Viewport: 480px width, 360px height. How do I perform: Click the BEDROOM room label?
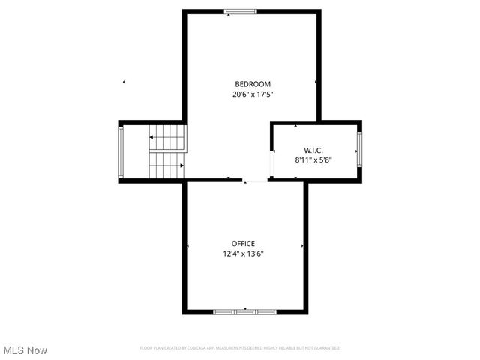[253, 84]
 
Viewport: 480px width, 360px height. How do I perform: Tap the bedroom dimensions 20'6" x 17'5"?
[253, 94]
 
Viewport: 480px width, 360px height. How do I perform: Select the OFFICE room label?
[243, 243]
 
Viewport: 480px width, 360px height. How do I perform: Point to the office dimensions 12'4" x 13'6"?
[243, 253]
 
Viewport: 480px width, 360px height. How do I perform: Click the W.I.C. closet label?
[313, 149]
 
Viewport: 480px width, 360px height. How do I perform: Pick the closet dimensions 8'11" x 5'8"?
[313, 160]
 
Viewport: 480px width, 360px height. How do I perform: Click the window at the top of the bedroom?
[241, 11]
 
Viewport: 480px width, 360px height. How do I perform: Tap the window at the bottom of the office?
[244, 311]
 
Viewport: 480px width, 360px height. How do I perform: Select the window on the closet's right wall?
[359, 149]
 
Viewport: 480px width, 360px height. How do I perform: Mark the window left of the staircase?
[121, 151]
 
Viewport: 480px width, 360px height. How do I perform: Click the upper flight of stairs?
[168, 137]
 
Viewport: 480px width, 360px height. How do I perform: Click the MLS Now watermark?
[25, 350]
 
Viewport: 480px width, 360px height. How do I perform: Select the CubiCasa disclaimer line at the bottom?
[240, 348]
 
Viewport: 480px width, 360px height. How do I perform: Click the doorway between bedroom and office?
[255, 181]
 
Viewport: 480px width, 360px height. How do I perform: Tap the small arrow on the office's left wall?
[187, 246]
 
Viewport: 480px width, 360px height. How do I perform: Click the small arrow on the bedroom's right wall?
[316, 82]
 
